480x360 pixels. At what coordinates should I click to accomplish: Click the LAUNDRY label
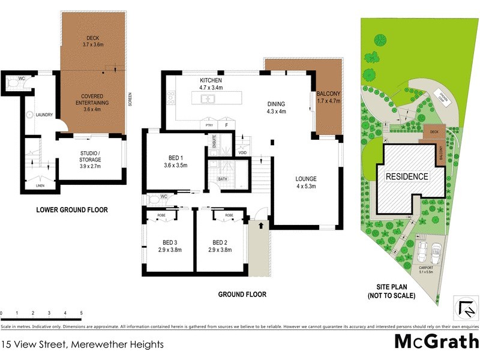[x=44, y=115]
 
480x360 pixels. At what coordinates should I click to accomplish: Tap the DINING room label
[x=276, y=104]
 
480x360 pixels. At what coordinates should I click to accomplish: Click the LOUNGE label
[x=305, y=179]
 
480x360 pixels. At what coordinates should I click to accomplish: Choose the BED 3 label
[x=168, y=242]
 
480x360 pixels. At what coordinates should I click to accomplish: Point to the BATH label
[x=223, y=179]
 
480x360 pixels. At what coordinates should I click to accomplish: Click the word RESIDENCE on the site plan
[x=407, y=176]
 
